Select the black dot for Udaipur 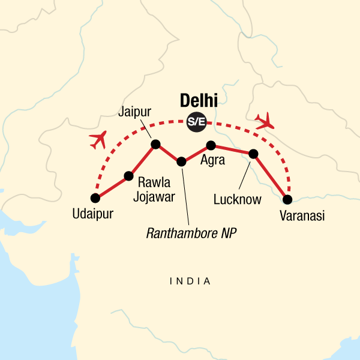95,198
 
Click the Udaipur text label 92,214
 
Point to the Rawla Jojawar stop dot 128,176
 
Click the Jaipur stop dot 155,144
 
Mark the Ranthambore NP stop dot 182,161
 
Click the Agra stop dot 211,145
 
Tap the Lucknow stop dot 253,154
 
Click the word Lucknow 238,200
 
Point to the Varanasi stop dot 287,199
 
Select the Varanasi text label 302,216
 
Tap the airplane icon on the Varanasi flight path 265,122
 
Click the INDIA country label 190,281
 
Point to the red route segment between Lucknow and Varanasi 271,177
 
